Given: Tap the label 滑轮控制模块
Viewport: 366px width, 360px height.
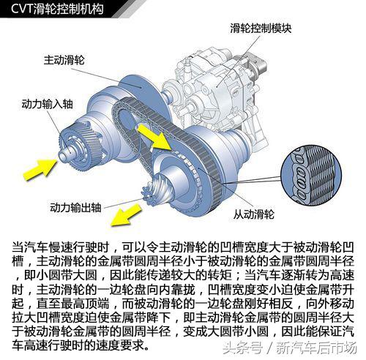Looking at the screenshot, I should point(261,29).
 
